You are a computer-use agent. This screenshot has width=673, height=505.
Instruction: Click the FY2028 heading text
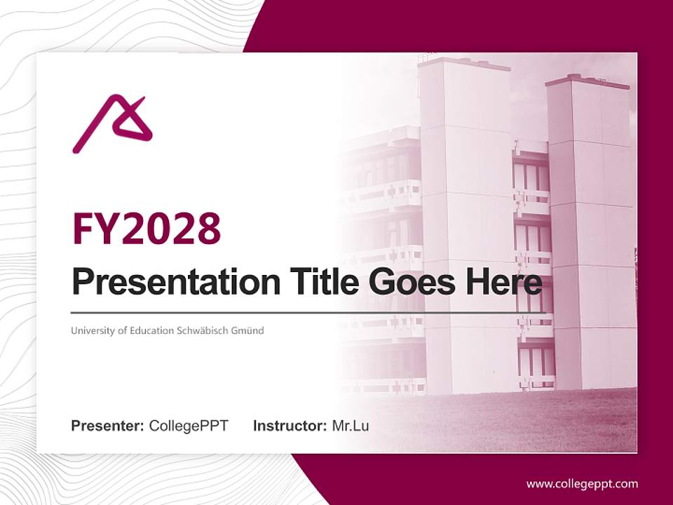pyautogui.click(x=147, y=228)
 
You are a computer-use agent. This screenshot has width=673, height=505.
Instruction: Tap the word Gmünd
pyautogui.click(x=248, y=330)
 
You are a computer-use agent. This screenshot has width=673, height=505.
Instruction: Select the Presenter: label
pyautogui.click(x=108, y=426)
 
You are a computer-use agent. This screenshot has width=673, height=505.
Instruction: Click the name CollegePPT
pyautogui.click(x=189, y=426)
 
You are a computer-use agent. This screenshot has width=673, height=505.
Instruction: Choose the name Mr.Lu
pyautogui.click(x=351, y=426)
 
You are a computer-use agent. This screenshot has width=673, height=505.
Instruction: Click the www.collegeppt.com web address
pyautogui.click(x=582, y=484)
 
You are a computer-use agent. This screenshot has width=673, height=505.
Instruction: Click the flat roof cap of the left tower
pyautogui.click(x=463, y=63)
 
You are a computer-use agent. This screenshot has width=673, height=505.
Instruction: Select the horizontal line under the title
pyautogui.click(x=308, y=312)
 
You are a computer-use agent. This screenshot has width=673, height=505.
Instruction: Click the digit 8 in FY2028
pyautogui.click(x=208, y=228)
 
